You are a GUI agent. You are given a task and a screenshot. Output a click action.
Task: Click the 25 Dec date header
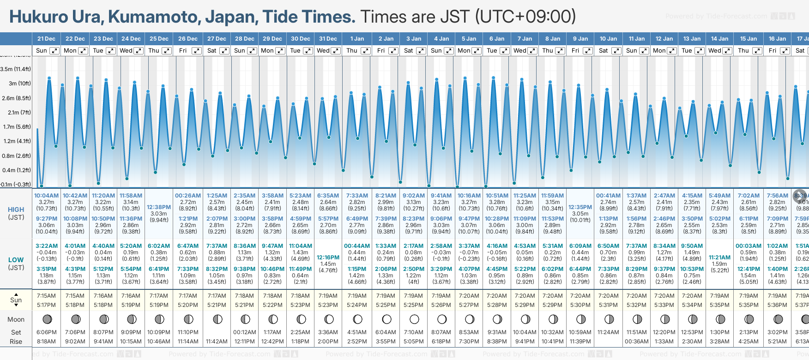[x=159, y=39]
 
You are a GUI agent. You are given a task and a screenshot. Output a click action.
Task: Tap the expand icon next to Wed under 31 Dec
[x=336, y=51]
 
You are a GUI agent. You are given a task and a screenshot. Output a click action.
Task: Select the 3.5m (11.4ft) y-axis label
[x=16, y=69]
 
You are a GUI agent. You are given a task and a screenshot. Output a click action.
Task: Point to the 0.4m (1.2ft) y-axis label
[x=16, y=170]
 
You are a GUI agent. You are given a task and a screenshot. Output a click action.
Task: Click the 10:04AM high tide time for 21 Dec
[x=46, y=196]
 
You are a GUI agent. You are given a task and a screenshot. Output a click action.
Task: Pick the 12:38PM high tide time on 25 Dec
[x=159, y=207]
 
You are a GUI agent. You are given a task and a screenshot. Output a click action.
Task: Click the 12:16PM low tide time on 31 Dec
[x=328, y=258]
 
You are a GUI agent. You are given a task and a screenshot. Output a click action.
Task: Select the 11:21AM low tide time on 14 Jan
[x=719, y=258]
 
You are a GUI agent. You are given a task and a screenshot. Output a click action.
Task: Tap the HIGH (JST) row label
[x=16, y=213]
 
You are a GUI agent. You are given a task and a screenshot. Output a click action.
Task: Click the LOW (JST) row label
[x=16, y=264]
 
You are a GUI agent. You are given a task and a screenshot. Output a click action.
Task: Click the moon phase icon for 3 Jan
[x=414, y=319]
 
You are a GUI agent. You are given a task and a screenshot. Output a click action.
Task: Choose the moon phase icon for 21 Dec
[x=47, y=319]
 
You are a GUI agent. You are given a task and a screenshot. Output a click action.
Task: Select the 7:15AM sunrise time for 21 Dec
[x=46, y=296]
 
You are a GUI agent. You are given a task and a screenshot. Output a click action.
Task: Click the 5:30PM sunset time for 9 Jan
[x=580, y=305]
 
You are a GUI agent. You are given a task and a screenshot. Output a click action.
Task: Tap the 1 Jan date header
[x=357, y=39]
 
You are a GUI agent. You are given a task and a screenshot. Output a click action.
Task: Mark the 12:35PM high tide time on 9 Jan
[x=580, y=207]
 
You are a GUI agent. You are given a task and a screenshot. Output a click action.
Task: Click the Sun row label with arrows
[x=16, y=300]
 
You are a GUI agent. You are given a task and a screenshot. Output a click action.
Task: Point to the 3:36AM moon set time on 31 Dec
[x=328, y=332]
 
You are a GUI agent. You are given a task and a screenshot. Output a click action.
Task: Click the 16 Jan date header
[x=778, y=39]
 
